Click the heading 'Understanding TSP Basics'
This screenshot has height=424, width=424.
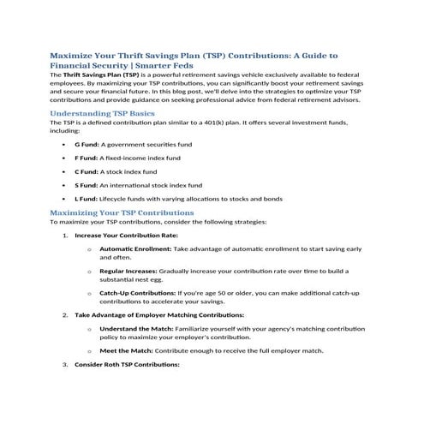(x=102, y=113)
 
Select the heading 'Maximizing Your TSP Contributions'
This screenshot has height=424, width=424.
(x=122, y=212)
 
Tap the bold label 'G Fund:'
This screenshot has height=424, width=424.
(x=87, y=145)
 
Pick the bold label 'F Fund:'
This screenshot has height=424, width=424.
(x=87, y=158)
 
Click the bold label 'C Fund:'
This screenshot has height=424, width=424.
(x=87, y=171)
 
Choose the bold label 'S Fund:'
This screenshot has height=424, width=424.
(x=87, y=185)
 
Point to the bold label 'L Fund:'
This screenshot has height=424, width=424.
(x=87, y=199)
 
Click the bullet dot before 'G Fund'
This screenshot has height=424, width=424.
(x=64, y=145)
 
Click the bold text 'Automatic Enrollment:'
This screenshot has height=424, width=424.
(x=135, y=248)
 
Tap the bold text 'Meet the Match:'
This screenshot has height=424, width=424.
(x=126, y=350)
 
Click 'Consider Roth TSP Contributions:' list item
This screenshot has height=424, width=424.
(x=127, y=364)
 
